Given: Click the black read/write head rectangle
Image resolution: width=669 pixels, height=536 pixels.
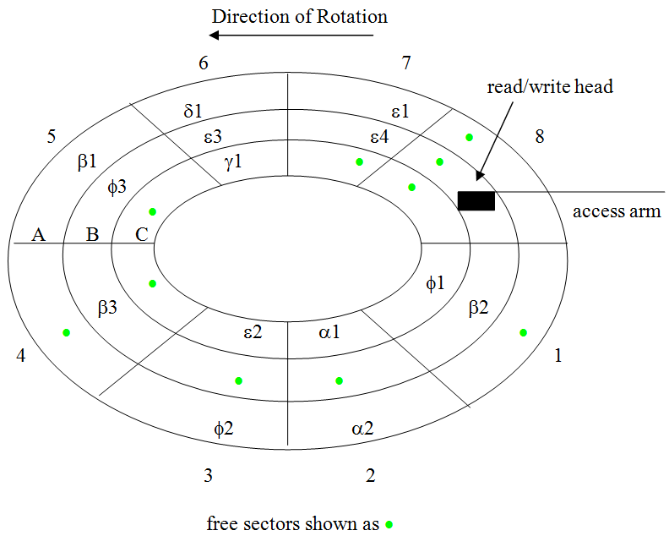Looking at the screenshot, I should (476, 200).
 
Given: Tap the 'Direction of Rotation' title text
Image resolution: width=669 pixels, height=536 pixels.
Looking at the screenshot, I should (300, 16).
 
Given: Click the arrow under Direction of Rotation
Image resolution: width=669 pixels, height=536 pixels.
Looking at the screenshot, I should (292, 36).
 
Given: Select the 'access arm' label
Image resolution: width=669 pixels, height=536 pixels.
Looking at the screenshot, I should (617, 211).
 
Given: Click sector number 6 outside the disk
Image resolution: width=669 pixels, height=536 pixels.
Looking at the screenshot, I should (203, 63).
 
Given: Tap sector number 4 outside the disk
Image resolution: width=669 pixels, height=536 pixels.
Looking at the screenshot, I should (21, 356).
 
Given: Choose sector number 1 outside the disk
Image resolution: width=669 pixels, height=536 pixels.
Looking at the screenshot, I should (557, 356).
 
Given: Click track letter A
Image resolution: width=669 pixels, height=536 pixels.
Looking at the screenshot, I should (38, 235).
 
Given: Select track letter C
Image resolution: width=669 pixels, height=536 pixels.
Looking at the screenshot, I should (141, 235).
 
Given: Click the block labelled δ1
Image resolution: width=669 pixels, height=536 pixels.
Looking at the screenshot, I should (193, 111).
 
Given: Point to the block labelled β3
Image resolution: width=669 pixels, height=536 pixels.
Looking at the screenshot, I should (107, 309).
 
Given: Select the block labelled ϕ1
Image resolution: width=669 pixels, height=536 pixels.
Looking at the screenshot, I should (435, 283).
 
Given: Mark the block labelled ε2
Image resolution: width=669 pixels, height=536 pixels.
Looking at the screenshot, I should (253, 331).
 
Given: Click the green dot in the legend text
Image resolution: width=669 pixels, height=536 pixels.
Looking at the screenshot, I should (389, 524).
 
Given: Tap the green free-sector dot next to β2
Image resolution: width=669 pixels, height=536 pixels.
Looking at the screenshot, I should (523, 332).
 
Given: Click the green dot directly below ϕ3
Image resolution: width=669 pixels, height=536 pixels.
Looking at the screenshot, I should (153, 211).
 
